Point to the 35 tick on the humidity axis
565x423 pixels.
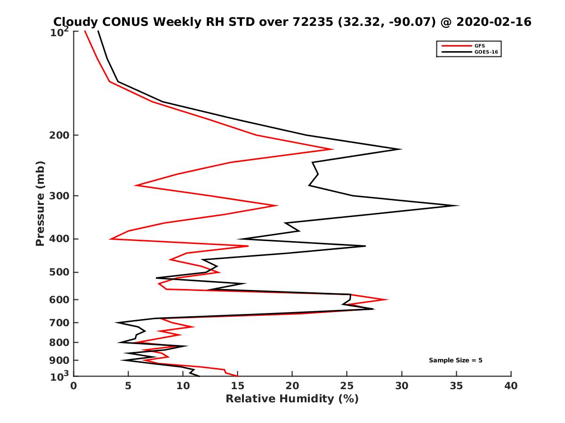pyautogui.click(x=456, y=386)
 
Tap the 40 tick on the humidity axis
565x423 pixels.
pyautogui.click(x=511, y=386)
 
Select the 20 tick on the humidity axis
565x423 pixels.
pyautogui.click(x=292, y=386)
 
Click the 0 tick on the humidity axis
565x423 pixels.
pyautogui.click(x=74, y=386)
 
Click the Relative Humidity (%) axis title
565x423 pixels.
pyautogui.click(x=292, y=399)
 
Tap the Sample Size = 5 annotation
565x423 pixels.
pyautogui.click(x=455, y=360)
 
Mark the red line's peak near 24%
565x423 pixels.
pyautogui.click(x=333, y=149)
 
